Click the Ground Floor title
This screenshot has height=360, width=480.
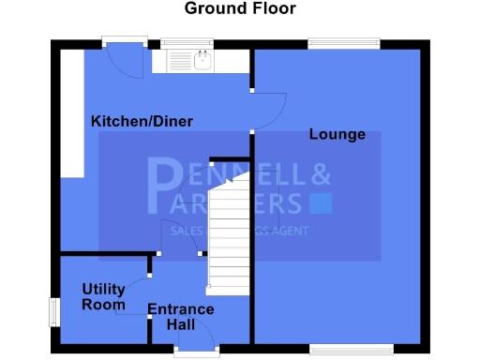coord(239,9)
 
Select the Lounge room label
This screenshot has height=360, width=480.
coord(337,135)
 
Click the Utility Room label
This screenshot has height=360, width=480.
coord(103,296)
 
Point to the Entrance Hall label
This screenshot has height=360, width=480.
coord(181,317)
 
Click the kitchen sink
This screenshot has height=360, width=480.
coord(202,62)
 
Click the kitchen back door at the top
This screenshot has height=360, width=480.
coord(125,58)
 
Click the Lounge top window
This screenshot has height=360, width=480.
coord(344,43)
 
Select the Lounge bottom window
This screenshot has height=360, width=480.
coord(344,349)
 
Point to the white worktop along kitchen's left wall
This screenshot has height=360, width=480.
coord(71,112)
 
